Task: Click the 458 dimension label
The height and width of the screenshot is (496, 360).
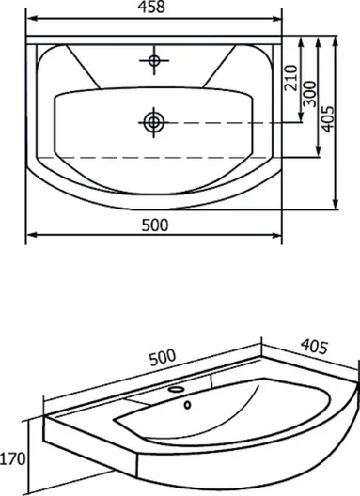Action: pos(151,7)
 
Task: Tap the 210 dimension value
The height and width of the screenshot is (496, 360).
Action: pos(291,78)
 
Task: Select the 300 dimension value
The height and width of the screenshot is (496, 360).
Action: pos(309,94)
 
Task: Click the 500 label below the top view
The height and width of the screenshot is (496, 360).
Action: pos(155,225)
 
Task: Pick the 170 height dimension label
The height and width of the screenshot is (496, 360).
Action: pos(12,459)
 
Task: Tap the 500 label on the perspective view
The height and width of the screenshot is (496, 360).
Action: pos(162,358)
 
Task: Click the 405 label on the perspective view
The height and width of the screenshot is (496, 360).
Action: pos(314,347)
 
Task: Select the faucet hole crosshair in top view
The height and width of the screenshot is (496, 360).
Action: pos(154,60)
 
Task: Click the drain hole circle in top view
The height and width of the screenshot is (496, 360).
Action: pos(154,122)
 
